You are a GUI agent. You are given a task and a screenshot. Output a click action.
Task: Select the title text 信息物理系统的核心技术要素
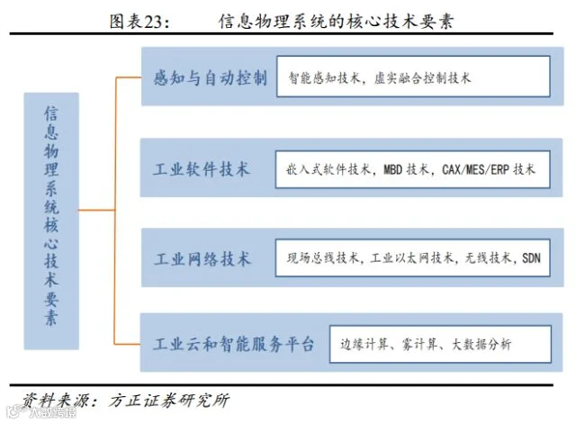click(336, 22)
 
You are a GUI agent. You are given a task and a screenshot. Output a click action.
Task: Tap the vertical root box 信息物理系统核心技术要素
click(51, 221)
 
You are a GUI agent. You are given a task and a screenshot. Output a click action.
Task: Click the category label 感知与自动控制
click(210, 78)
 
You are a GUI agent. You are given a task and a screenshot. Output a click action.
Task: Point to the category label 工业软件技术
click(202, 169)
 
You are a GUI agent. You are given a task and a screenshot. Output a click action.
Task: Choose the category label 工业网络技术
click(202, 259)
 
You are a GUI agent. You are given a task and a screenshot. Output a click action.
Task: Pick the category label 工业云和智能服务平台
click(234, 344)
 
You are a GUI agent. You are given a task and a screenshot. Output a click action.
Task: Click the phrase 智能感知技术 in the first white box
click(324, 78)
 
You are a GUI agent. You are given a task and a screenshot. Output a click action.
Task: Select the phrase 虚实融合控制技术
click(422, 78)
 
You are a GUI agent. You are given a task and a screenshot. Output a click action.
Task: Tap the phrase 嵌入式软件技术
click(328, 169)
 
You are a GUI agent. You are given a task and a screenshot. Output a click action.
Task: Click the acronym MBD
click(392, 170)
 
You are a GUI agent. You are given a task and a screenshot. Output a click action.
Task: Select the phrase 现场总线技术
click(323, 258)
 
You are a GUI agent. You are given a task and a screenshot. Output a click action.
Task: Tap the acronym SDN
click(531, 258)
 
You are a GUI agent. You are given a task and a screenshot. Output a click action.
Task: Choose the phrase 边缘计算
click(364, 344)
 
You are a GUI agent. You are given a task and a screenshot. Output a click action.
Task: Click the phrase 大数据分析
click(481, 344)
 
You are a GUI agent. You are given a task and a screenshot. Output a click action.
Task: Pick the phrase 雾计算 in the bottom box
click(419, 344)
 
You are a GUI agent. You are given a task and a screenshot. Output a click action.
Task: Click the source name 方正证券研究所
click(169, 400)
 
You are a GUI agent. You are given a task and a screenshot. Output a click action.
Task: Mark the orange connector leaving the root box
click(97, 210)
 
